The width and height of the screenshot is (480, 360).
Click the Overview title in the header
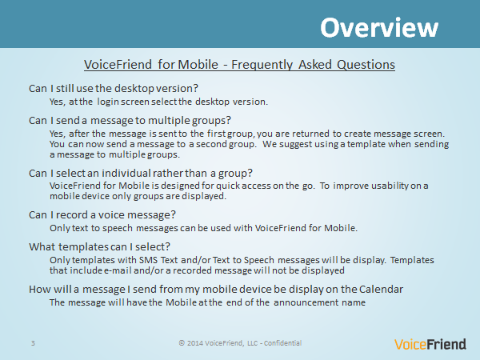(x=379, y=27)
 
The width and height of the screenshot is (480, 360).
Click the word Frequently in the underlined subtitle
(x=262, y=65)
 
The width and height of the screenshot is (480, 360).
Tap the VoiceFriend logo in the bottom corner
(x=430, y=344)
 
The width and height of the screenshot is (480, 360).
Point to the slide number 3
(x=33, y=343)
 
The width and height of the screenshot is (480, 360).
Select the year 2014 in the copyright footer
(x=195, y=343)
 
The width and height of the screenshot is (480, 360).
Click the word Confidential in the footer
(x=282, y=343)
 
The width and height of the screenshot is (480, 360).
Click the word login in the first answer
(x=108, y=102)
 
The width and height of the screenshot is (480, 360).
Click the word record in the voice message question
(x=72, y=215)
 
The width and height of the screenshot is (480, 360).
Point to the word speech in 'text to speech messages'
(x=118, y=228)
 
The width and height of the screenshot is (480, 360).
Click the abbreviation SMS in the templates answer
(x=148, y=260)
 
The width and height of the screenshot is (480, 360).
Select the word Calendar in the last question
(x=381, y=290)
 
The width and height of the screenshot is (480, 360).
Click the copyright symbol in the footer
(x=182, y=343)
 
